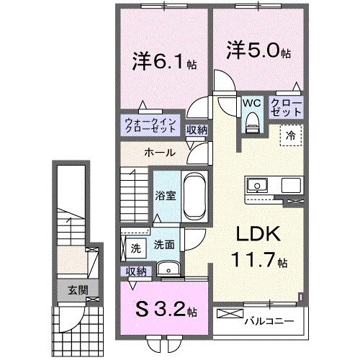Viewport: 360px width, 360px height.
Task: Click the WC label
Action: click(250, 104)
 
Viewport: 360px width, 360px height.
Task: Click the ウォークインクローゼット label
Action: click(148, 126)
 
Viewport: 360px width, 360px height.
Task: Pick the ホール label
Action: click(158, 153)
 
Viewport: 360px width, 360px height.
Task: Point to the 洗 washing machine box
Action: click(135, 248)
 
